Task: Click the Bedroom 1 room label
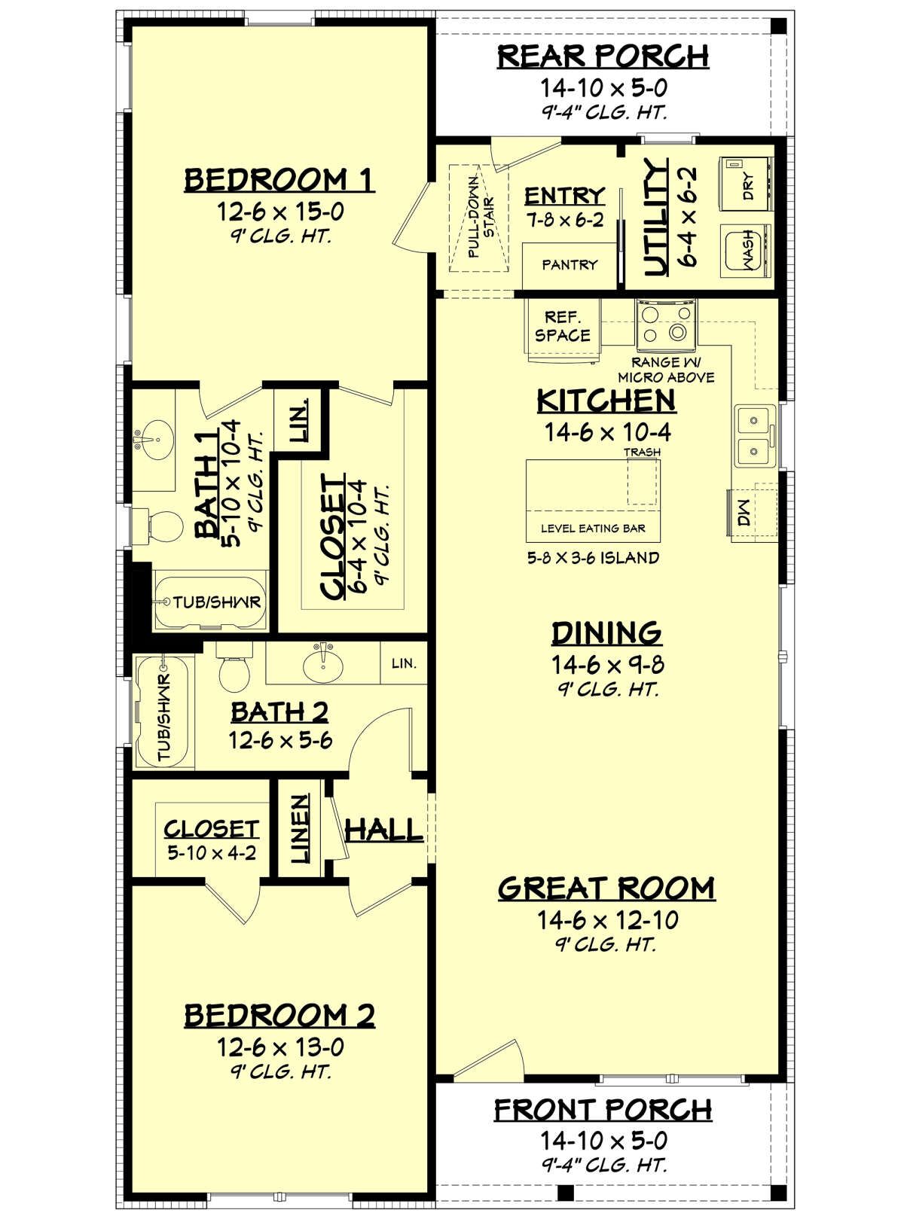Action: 279,180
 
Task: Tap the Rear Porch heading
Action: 603,56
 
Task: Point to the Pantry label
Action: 570,265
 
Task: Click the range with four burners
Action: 666,325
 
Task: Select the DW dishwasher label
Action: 744,512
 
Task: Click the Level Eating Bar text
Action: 593,528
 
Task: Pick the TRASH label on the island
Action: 642,452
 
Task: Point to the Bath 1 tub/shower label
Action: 217,602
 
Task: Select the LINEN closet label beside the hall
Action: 299,829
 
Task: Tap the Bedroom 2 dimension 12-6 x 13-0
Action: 280,1047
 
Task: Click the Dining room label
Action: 606,633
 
